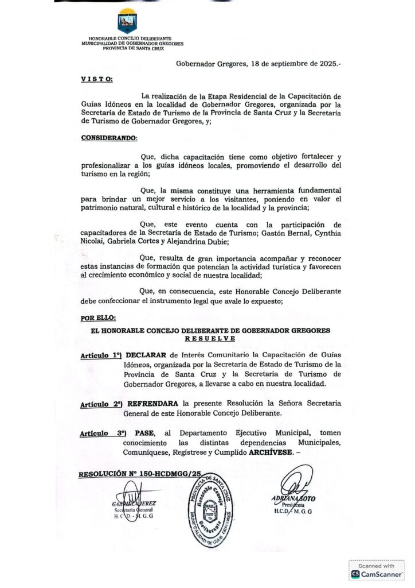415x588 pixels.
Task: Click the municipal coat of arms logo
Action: click(127, 22)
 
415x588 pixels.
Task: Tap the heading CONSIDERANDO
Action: click(109, 138)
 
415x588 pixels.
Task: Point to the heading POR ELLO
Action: click(98, 318)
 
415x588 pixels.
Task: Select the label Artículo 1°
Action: click(101, 355)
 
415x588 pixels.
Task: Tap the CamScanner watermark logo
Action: click(377, 570)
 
